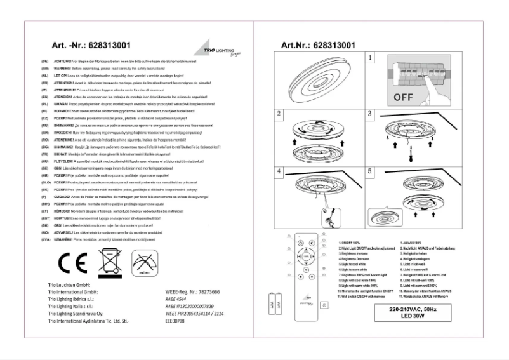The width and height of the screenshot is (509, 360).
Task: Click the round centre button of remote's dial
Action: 307,265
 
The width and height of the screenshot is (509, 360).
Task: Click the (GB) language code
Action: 44,68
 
